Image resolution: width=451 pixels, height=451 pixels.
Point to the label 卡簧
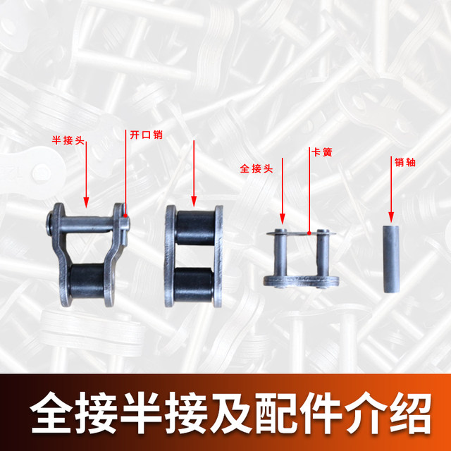320,152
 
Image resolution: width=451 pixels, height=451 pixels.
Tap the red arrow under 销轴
392,198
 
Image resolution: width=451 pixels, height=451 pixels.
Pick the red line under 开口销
126,176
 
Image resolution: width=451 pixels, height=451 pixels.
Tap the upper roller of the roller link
194,227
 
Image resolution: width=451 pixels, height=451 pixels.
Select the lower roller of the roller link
194,285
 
